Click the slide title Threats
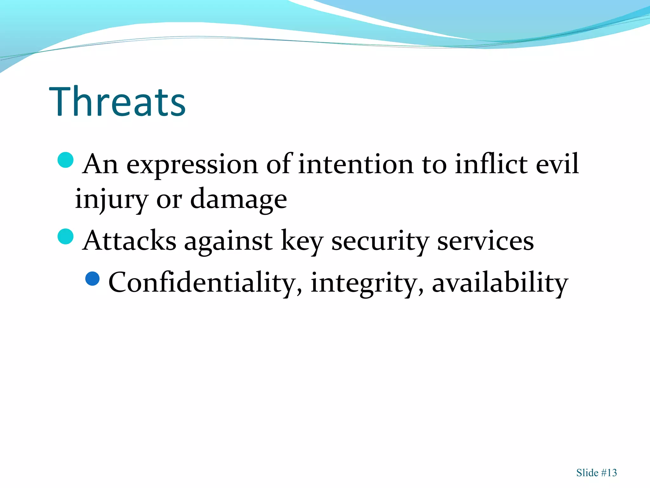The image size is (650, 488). point(117,102)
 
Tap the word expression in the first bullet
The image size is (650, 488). point(192,165)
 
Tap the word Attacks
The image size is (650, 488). point(129,241)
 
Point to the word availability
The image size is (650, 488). point(500,283)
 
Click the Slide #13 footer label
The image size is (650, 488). point(596,473)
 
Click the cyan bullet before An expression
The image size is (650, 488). point(66,160)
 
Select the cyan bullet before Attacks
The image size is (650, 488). point(66,236)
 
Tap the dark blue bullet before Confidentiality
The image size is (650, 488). point(93,279)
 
